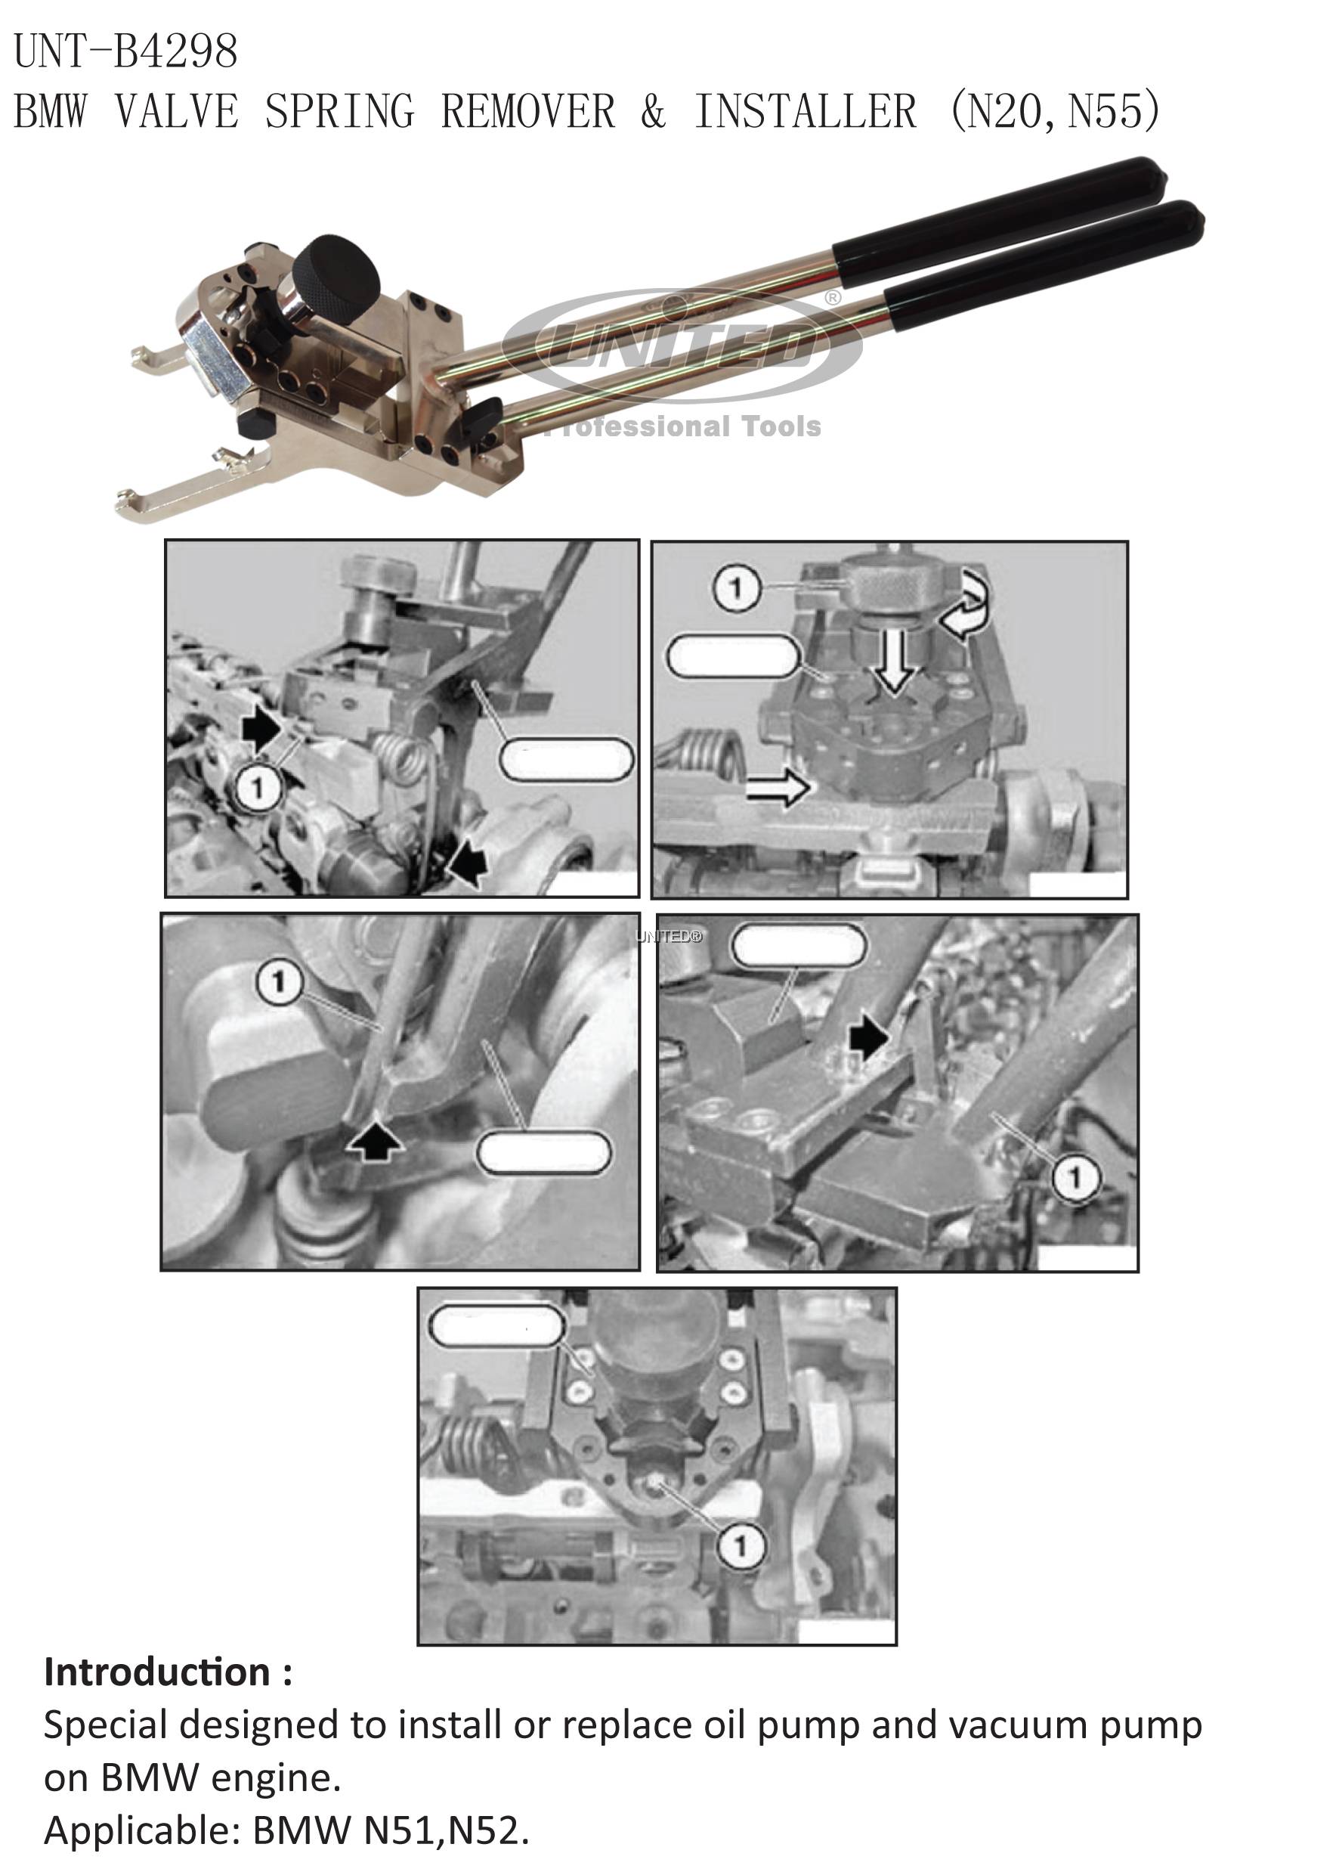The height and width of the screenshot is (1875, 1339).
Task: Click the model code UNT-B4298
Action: click(x=126, y=51)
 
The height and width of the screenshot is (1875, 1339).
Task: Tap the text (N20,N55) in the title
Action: click(x=1055, y=111)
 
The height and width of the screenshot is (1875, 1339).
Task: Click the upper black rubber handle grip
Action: click(x=997, y=211)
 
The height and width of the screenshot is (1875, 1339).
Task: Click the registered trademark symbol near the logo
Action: click(x=833, y=298)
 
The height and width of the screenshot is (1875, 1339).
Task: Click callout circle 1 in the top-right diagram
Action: click(x=735, y=588)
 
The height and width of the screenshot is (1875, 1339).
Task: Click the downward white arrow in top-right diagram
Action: click(x=895, y=660)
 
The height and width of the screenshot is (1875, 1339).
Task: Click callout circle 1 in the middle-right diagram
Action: click(x=1075, y=1177)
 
